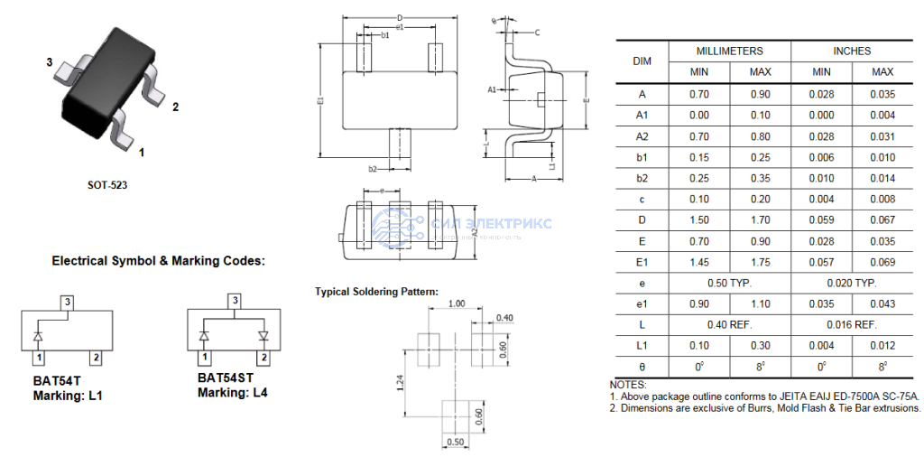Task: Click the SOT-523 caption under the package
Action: [108, 185]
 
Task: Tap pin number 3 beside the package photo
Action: [50, 62]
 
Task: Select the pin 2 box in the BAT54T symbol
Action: [96, 359]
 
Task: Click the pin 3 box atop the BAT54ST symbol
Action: [235, 300]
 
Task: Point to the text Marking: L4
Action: [232, 393]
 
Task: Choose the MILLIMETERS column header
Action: [729, 51]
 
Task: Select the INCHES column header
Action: [851, 51]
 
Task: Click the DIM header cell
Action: [642, 61]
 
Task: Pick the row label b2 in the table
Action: [642, 178]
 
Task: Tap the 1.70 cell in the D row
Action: [760, 219]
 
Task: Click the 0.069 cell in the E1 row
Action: [882, 261]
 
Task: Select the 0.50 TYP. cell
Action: [729, 283]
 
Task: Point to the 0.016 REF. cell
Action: [851, 324]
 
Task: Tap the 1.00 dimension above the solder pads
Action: [457, 304]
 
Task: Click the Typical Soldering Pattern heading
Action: [376, 292]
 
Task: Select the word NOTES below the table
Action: [628, 385]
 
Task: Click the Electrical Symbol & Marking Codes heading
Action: [158, 261]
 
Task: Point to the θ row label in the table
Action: [642, 367]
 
